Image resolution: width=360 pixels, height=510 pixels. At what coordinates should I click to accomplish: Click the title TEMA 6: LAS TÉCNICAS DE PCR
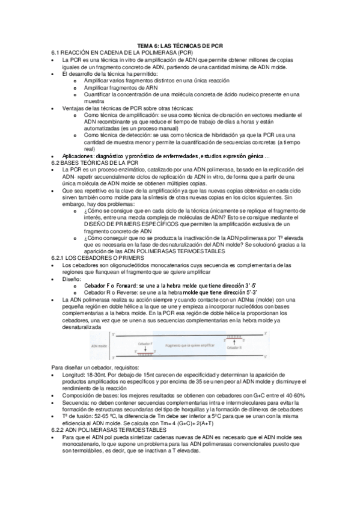(180, 45)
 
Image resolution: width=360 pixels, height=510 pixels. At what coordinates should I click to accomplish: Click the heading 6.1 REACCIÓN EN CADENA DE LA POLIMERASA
(109, 53)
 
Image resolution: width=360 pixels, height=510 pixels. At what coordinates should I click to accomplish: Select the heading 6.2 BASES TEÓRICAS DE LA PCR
(95, 162)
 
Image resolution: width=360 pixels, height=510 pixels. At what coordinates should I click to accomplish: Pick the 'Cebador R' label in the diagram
(234, 348)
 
